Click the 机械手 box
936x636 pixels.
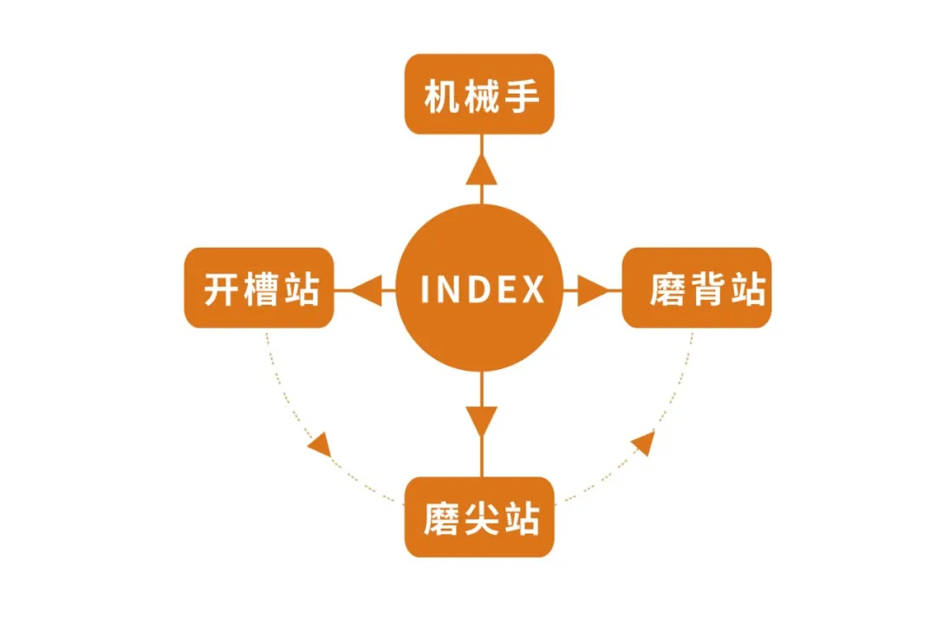pos(479,94)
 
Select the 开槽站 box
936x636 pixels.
pos(259,288)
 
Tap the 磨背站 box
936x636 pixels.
pos(697,288)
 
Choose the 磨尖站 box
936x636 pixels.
pos(479,516)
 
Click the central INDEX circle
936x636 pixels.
pos(480,288)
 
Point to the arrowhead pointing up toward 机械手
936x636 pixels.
pos(482,169)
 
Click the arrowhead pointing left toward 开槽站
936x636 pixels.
pos(366,290)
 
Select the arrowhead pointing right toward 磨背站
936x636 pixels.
pos(594,290)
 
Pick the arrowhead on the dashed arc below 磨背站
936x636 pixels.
pos(643,443)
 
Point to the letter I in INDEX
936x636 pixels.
pos(426,289)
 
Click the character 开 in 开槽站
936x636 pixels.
pos(222,289)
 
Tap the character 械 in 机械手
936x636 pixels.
pos(482,96)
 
